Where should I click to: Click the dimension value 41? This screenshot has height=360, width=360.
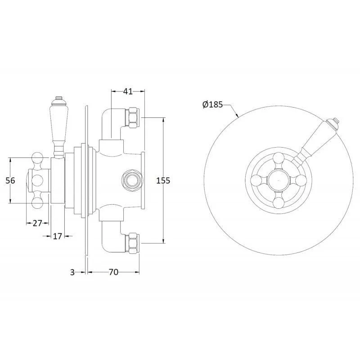128,91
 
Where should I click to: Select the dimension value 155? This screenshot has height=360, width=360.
163,180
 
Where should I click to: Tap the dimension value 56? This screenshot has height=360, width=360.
10,180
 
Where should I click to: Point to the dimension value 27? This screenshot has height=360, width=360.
37,223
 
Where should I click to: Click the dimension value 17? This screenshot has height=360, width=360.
58,236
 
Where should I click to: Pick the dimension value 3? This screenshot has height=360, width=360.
72,272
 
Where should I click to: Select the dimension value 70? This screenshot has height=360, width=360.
113,272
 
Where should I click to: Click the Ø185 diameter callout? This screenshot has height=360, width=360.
212,105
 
